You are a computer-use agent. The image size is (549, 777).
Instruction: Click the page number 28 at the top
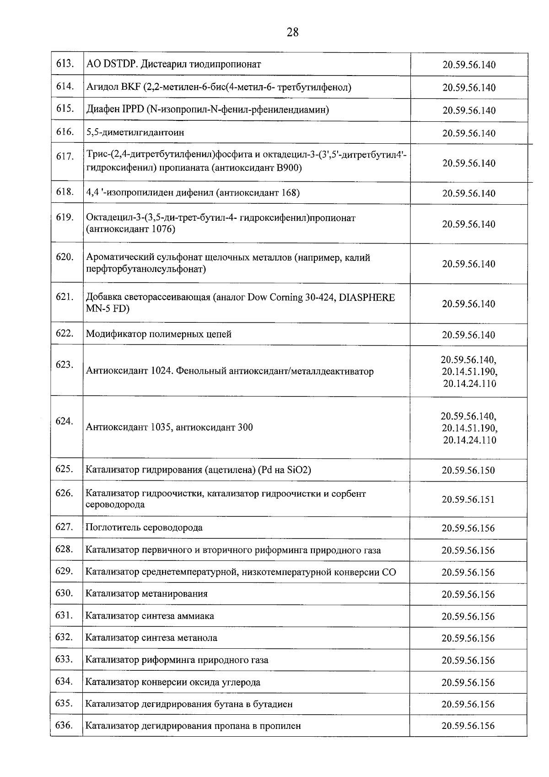click(293, 32)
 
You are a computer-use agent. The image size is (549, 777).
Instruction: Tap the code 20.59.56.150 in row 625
click(468, 470)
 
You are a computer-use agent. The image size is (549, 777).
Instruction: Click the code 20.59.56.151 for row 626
click(468, 500)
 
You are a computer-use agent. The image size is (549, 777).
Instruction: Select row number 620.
click(65, 257)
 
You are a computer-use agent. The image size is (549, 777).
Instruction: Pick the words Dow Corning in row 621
click(274, 297)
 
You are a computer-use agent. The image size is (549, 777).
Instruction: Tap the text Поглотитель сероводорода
click(144, 527)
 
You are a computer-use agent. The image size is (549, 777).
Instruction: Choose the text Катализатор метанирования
click(146, 594)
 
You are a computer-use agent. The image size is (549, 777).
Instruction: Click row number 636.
click(64, 725)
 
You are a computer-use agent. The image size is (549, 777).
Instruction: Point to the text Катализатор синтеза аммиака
click(150, 616)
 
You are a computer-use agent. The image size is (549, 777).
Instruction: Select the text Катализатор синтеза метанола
click(151, 638)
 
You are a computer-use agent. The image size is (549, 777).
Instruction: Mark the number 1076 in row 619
click(163, 229)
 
